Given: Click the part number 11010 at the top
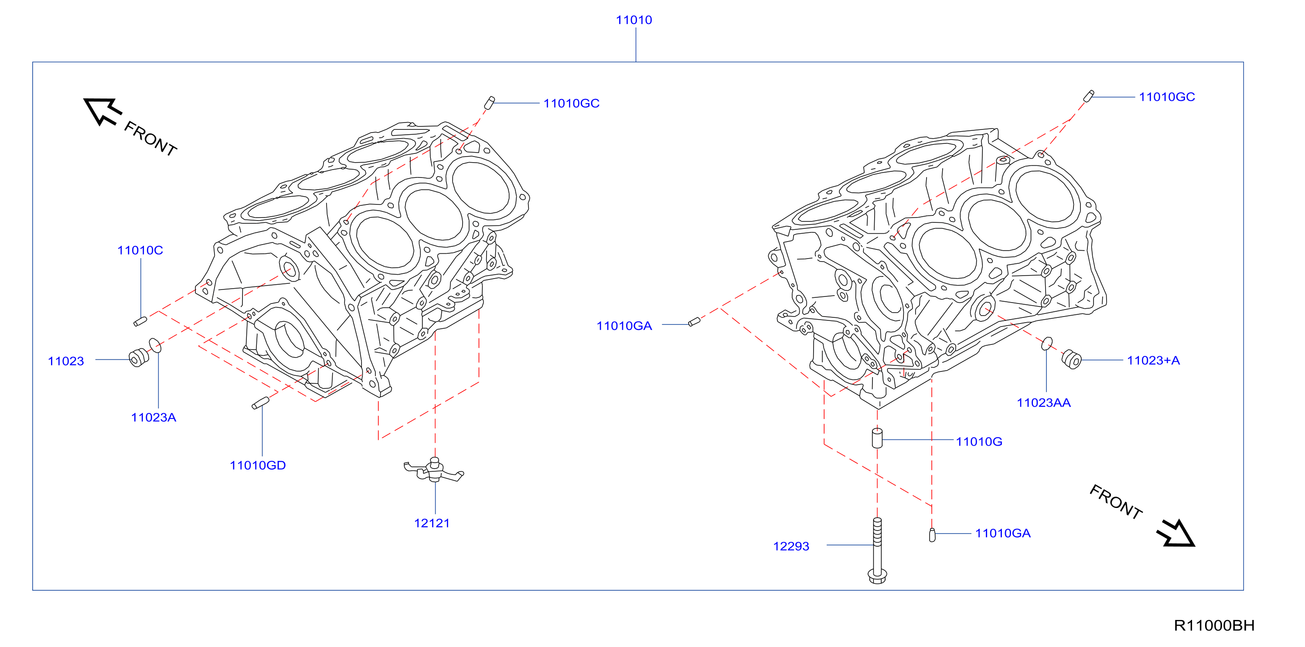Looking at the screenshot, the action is (x=634, y=20).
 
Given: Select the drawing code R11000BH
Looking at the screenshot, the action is (x=1214, y=626).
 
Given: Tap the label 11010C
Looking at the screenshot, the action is (x=140, y=250).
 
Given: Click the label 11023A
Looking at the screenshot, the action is (x=153, y=418).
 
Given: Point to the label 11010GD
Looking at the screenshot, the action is (x=258, y=466).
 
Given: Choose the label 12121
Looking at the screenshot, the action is (x=432, y=523).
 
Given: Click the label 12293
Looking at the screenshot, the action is (x=791, y=546).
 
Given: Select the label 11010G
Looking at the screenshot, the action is (x=979, y=442).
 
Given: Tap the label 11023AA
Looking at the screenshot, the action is (x=1043, y=403).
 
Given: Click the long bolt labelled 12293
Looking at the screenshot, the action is (x=877, y=550).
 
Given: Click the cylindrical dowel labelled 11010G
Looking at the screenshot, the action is (x=877, y=438).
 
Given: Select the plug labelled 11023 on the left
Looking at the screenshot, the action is (x=139, y=358).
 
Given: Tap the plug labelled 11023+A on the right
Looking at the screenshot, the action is (x=1071, y=359).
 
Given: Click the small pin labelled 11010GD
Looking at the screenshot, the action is (x=260, y=403).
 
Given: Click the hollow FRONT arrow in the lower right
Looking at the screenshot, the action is (x=1176, y=534).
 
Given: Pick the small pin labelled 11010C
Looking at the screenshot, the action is (x=140, y=321).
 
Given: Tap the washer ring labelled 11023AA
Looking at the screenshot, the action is (x=1046, y=344).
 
